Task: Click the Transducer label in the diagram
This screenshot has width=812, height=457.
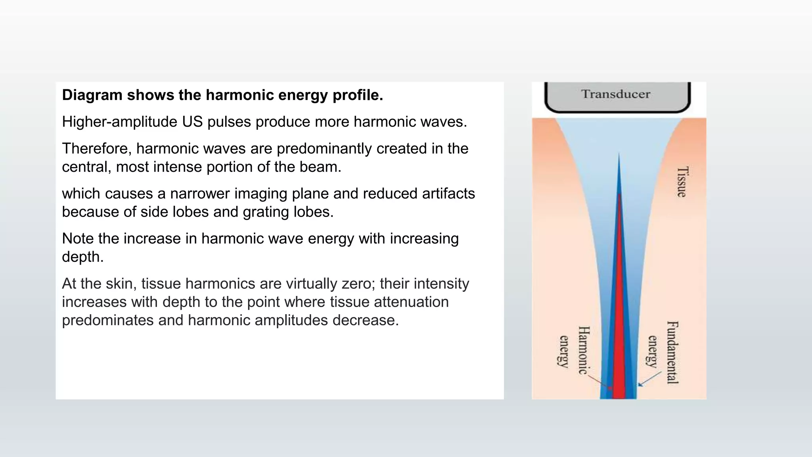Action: (616, 94)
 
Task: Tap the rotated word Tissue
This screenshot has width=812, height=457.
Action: (682, 182)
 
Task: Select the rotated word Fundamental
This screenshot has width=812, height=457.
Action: (672, 352)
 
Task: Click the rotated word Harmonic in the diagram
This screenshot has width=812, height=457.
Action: (583, 350)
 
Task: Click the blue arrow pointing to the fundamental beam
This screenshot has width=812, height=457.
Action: (649, 379)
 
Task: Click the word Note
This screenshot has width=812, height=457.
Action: (78, 238)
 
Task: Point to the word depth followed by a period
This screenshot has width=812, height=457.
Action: (82, 257)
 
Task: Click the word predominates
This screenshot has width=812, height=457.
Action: (107, 320)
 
